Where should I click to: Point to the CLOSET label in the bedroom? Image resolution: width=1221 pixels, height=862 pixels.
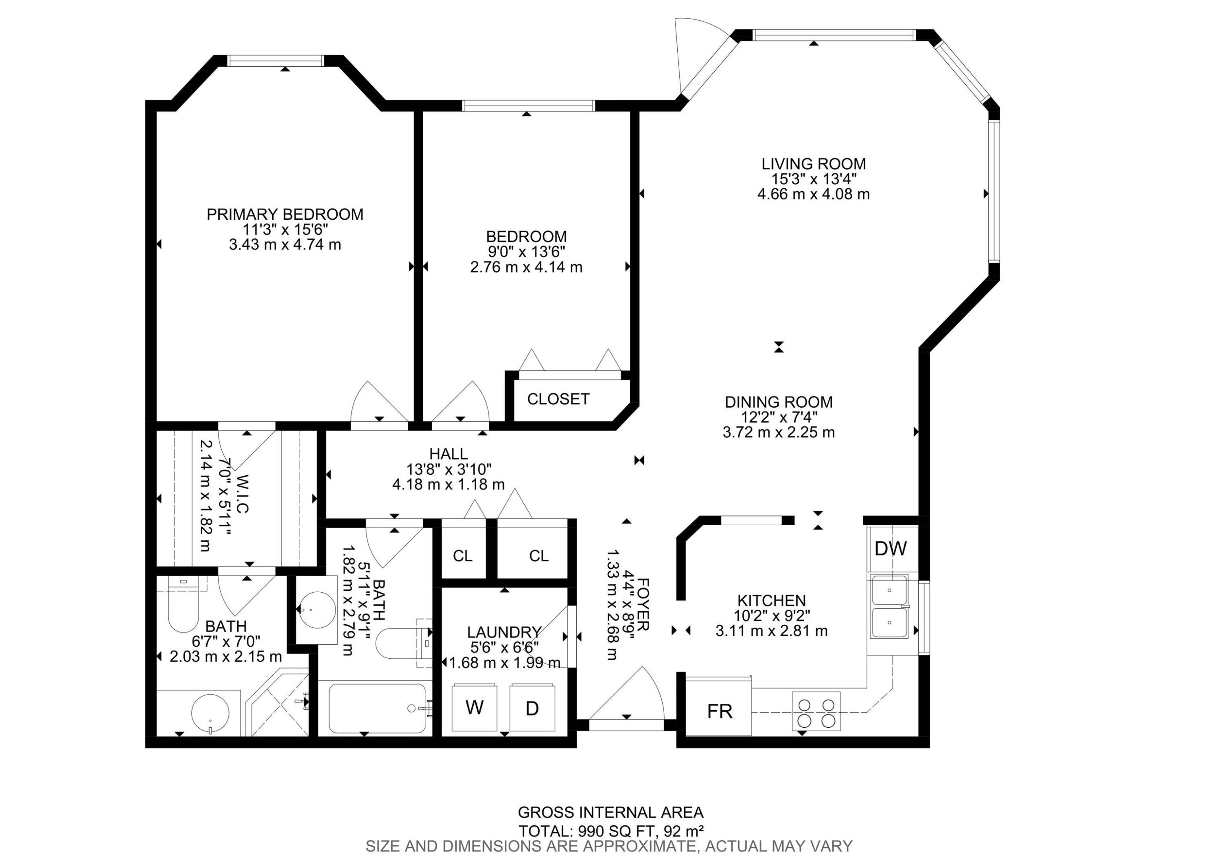[558, 399]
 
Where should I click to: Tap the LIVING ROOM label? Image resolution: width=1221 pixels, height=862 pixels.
[814, 164]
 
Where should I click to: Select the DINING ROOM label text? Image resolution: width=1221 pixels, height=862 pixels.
[779, 402]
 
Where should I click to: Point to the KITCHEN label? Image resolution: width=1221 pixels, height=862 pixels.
[772, 600]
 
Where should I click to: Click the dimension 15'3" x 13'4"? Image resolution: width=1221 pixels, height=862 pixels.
[814, 179]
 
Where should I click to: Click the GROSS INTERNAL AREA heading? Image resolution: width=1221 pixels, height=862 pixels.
[610, 813]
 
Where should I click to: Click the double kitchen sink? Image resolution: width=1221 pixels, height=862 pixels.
[890, 607]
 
